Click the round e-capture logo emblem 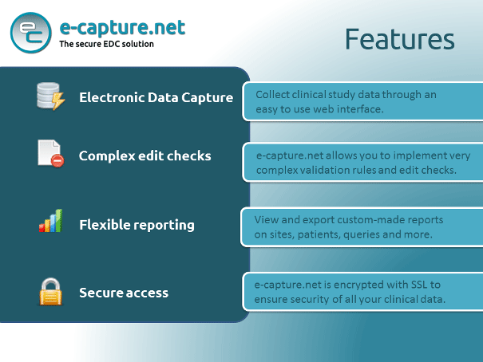(x=31, y=33)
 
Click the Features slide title (x=399, y=39)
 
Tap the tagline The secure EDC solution (x=107, y=44)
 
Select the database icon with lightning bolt (x=50, y=96)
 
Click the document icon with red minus (x=51, y=153)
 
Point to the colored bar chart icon (x=51, y=221)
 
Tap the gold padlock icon (x=51, y=292)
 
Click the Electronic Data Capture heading (x=156, y=97)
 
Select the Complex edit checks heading (x=145, y=156)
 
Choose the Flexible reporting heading (x=137, y=225)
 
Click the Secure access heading (x=124, y=293)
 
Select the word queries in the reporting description (x=362, y=234)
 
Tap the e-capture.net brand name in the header (x=122, y=28)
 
